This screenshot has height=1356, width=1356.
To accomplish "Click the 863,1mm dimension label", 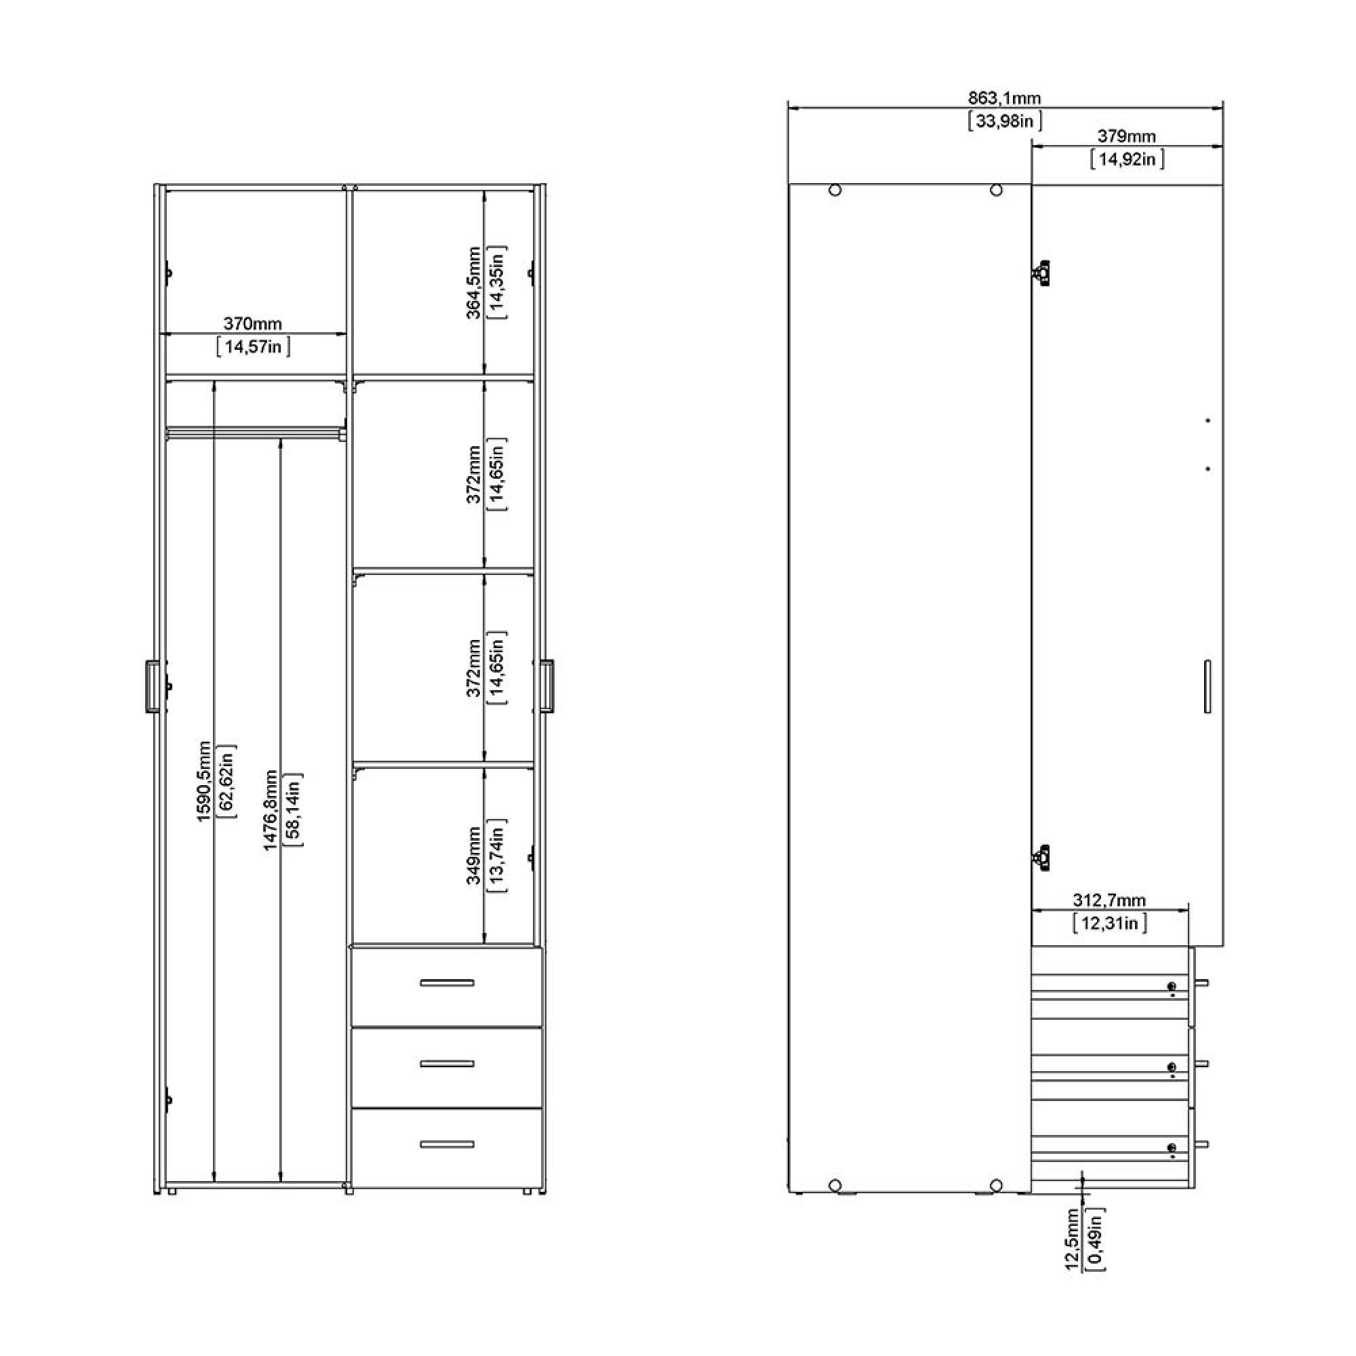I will coord(1004,98).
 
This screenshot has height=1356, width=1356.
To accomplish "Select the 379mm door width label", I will coord(1126,136).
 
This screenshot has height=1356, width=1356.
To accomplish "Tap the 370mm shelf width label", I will coord(253,324).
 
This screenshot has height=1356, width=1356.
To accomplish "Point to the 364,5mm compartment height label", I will coord(475,282).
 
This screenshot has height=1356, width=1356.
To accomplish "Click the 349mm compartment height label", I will coord(475,856).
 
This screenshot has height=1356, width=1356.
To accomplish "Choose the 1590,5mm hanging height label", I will coord(203,780).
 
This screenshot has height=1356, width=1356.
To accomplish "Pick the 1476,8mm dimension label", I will coord(271,811).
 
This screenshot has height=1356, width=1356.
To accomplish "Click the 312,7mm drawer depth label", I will coord(1109,900).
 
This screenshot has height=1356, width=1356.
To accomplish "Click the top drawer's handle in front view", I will coord(447,982).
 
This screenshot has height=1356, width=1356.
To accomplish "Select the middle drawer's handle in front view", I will coord(447,1064).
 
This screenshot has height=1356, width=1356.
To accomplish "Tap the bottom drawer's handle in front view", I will coord(447,1144).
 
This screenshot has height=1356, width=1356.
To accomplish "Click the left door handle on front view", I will coord(151,686).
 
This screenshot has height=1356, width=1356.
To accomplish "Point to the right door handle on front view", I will coord(548,686).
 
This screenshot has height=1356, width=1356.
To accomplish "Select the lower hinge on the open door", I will coord(1041,858).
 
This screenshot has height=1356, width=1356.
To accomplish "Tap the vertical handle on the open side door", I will coord(1208,686).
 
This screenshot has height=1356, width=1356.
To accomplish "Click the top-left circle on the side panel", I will coord(835,191).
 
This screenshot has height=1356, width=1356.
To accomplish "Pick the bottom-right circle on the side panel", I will coord(996,1185).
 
